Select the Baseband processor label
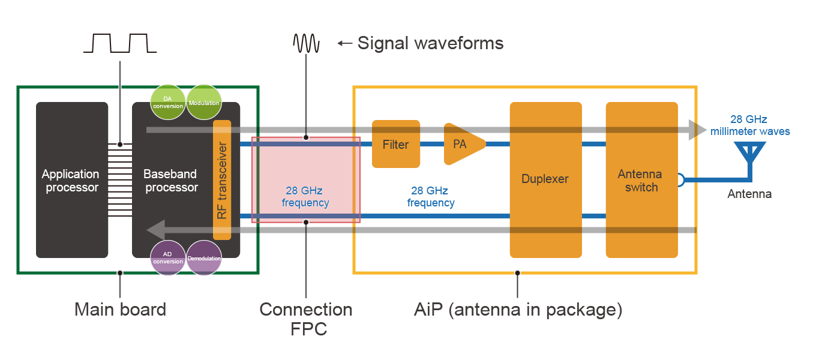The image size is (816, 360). tap(170, 181)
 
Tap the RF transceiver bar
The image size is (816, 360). tap(222, 180)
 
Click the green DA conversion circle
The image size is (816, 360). tap(168, 103)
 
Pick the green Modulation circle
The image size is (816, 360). tap(204, 103)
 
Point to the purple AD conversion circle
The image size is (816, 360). tap(167, 257)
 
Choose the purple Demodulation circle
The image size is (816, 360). tap(204, 258)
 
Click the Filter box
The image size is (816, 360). tap(396, 144)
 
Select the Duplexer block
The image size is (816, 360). tap(545, 179)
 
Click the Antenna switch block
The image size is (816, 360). tap(641, 180)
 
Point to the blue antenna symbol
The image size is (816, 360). tap(750, 153)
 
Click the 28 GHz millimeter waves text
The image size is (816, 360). tap(749, 125)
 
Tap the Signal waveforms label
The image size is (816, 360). tap(430, 43)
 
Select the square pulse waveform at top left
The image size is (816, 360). tap(120, 43)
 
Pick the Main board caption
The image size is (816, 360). tap(120, 310)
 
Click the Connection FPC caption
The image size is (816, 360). tap(306, 319)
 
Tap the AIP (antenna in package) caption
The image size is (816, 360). tap(518, 310)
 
